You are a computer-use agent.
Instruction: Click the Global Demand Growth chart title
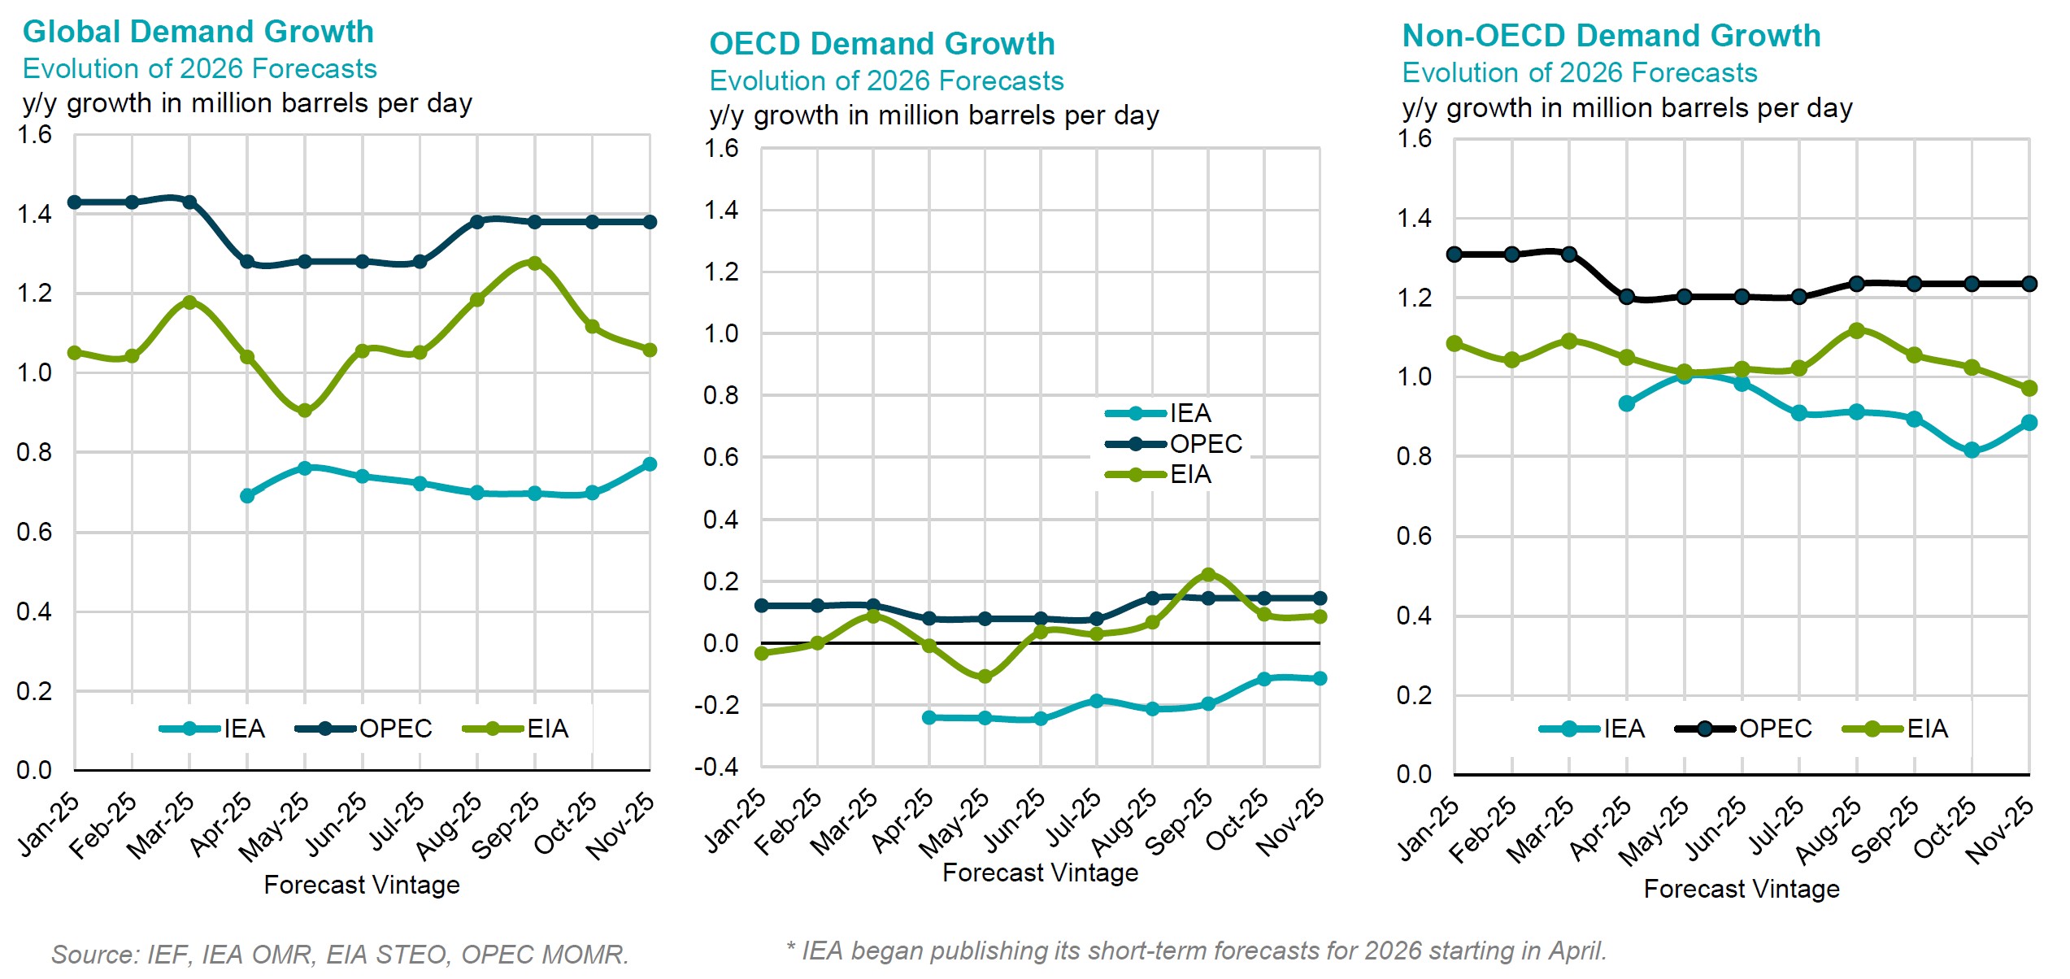point(198,32)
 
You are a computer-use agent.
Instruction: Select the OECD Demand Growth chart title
point(881,44)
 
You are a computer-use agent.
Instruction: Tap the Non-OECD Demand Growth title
point(1611,36)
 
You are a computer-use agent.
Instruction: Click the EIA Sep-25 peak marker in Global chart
point(534,263)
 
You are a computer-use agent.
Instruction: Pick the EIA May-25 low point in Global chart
point(305,411)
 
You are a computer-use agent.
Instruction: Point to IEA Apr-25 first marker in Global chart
point(247,496)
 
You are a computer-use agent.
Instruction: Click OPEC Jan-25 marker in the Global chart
point(74,202)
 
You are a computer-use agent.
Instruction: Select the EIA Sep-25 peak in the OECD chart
point(1207,575)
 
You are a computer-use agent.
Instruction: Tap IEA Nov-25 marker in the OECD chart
point(1320,678)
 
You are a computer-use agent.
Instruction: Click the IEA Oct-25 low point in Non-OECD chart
point(1971,450)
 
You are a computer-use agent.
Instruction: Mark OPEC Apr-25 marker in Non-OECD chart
point(1626,297)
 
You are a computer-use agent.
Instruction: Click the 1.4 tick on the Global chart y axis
point(34,214)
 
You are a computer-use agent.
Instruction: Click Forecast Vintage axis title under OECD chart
point(1040,872)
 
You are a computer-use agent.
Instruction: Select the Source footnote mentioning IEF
point(340,954)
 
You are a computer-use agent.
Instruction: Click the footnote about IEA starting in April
point(1196,951)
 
